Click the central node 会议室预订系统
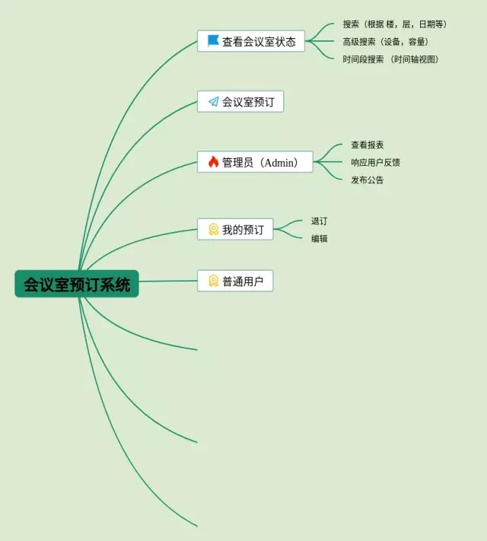coord(77,284)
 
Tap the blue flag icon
coord(213,41)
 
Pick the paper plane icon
coord(213,101)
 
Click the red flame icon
coord(213,162)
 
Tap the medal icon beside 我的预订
coord(213,229)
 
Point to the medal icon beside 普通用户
coord(213,281)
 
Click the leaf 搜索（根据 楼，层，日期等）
coord(395,24)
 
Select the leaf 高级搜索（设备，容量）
coord(386,42)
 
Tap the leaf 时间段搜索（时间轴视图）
coord(391,59)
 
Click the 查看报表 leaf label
coord(367,145)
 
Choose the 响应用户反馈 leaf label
coord(375,162)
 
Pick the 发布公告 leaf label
coord(367,180)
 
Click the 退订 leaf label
coord(319,221)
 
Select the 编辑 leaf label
coord(319,239)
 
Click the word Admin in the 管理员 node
coord(280,162)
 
